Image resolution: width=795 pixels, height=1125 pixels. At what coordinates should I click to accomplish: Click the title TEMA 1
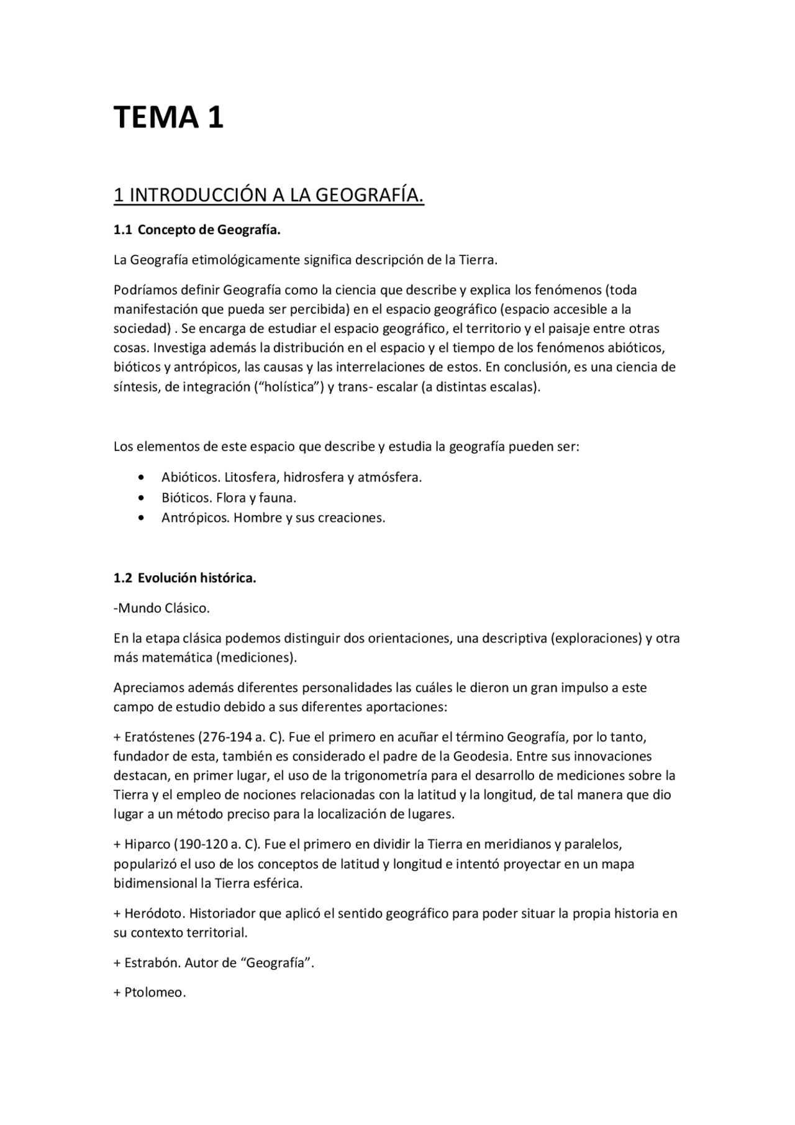pos(168,117)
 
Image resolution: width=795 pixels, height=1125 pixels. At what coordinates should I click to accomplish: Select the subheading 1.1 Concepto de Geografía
pos(197,230)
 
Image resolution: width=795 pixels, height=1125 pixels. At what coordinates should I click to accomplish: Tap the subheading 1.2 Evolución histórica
pos(184,578)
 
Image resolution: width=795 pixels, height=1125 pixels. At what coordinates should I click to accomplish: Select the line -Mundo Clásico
pos(161,608)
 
